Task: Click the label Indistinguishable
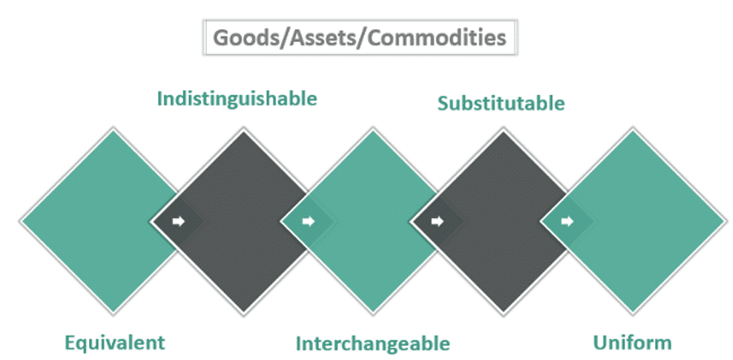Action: tap(237, 99)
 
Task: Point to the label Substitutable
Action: tap(501, 103)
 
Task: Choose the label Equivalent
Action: tap(115, 343)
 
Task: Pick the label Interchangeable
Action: tap(372, 344)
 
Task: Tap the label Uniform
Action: tap(632, 343)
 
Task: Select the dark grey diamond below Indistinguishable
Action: tap(243, 221)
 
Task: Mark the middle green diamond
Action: tap(372, 221)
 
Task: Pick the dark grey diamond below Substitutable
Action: tap(503, 221)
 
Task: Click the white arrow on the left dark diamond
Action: tap(178, 221)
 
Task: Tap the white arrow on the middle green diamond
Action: tap(309, 221)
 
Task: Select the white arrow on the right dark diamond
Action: tap(438, 221)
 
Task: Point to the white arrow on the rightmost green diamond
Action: tap(568, 221)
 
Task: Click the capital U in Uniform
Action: tap(600, 343)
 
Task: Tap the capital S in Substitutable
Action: tap(444, 103)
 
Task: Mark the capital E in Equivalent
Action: tap(70, 343)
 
